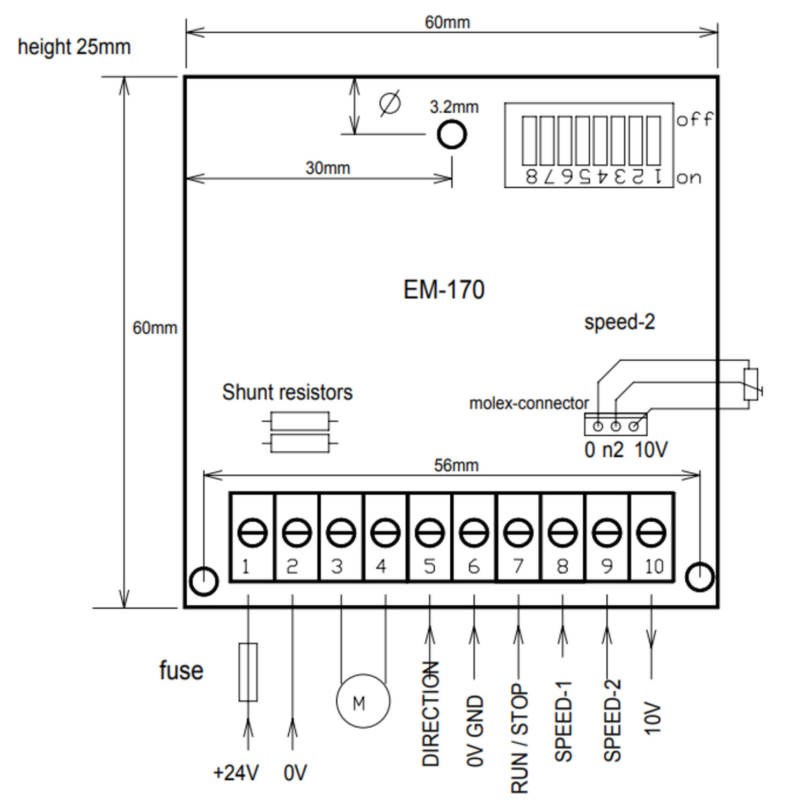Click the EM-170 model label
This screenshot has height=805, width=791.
[x=444, y=290]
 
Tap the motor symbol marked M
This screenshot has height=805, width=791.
[x=363, y=701]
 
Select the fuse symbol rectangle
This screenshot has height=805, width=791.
[x=248, y=672]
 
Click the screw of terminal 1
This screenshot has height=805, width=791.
[x=252, y=532]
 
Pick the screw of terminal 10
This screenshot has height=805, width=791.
[x=651, y=532]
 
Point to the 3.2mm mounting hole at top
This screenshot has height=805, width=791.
[x=452, y=134]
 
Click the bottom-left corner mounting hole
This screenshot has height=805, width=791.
[x=204, y=580]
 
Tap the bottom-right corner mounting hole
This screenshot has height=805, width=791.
[x=700, y=577]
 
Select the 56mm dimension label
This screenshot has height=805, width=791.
[x=456, y=465]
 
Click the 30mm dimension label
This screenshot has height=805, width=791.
[x=327, y=168]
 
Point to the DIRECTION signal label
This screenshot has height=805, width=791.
[x=431, y=714]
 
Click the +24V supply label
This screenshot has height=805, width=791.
[x=236, y=773]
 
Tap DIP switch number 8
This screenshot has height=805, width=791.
[x=529, y=141]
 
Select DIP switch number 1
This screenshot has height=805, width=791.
[x=654, y=141]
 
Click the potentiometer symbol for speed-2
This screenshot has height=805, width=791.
[x=751, y=384]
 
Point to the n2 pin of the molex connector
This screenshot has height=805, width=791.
[x=616, y=426]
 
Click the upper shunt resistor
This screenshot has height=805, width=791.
[x=299, y=421]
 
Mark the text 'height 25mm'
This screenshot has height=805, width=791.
[x=74, y=47]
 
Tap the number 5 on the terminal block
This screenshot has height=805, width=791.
[x=429, y=567]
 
